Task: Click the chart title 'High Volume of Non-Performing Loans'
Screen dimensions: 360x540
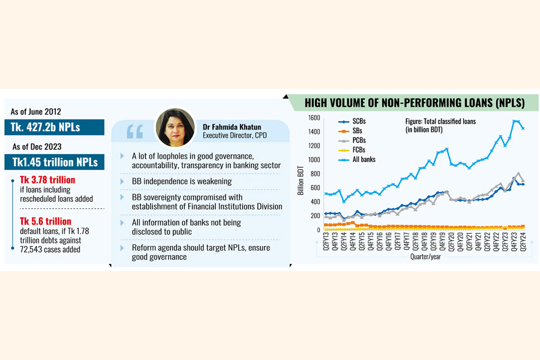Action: (x=415, y=103)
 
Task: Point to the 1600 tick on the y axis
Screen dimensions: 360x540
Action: (x=314, y=118)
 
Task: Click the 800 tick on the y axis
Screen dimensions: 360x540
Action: (x=316, y=174)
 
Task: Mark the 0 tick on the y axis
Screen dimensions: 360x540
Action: (x=319, y=230)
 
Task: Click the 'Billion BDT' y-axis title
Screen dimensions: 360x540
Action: (x=301, y=174)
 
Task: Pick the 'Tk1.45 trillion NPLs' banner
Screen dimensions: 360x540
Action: (x=55, y=162)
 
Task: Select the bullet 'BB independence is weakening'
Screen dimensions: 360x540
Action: (x=181, y=181)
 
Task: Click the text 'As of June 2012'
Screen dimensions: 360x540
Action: (x=37, y=112)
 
